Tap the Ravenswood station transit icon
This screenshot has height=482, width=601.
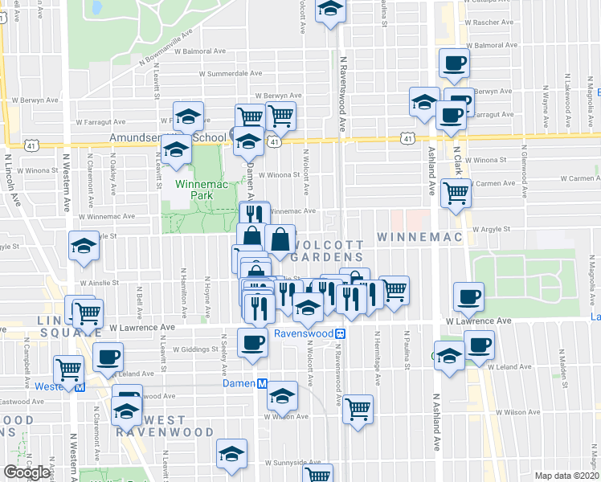(x=341, y=333)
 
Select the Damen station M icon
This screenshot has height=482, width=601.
(x=263, y=385)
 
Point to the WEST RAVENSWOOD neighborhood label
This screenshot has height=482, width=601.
(x=151, y=426)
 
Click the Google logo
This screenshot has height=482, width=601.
(x=27, y=472)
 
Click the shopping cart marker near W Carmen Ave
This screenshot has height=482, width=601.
(x=456, y=192)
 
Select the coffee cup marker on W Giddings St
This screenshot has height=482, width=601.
(x=253, y=341)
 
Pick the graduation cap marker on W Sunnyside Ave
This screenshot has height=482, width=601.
(x=231, y=454)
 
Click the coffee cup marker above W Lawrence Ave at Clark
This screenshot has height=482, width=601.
(x=469, y=296)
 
